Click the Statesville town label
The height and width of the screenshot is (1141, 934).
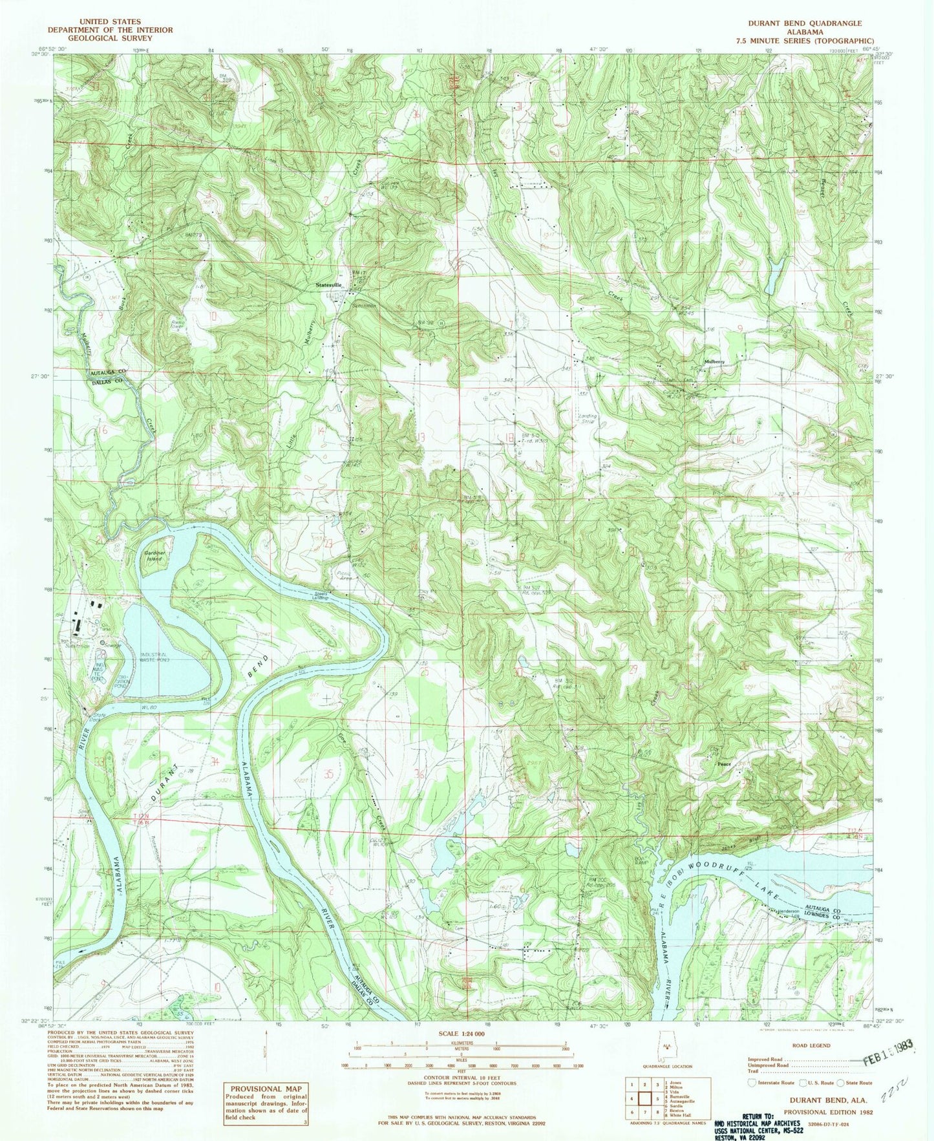pos(328,285)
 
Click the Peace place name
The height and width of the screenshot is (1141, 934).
pos(724,764)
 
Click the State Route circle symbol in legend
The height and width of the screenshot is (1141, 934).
pos(840,1100)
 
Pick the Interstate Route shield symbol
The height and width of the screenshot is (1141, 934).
pos(752,1100)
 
